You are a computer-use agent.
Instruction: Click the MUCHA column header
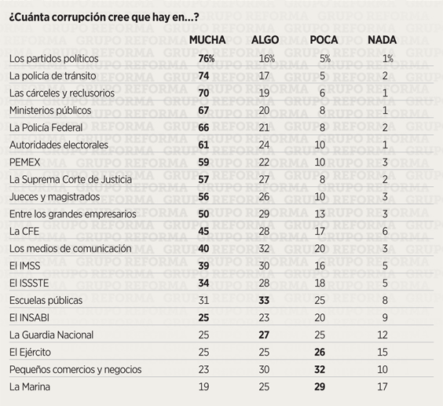coord(207,40)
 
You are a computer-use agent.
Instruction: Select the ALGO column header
coord(265,40)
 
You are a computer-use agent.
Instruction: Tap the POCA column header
coord(324,40)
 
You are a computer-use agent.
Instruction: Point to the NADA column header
coord(382,40)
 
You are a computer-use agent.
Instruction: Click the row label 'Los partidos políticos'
coord(54,59)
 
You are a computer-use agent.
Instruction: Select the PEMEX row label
coord(25,163)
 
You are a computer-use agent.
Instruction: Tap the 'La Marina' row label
coord(30,386)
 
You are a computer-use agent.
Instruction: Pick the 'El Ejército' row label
coord(30,353)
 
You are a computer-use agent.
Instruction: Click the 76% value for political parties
coord(207,59)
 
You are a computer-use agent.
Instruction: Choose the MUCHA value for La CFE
coord(203,232)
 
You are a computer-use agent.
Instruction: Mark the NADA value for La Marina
coord(383,386)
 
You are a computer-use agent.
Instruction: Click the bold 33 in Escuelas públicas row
coord(264,300)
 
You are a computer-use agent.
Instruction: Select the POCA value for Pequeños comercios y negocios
coord(320,369)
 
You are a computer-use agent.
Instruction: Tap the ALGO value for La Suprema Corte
coord(264,179)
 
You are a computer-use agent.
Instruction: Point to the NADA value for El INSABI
coord(385,317)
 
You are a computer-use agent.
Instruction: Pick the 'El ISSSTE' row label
coord(29,283)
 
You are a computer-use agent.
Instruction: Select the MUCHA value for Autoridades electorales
coord(203,145)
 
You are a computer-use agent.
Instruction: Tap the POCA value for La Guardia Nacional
coord(320,335)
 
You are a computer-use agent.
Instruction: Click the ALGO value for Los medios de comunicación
coord(264,249)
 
